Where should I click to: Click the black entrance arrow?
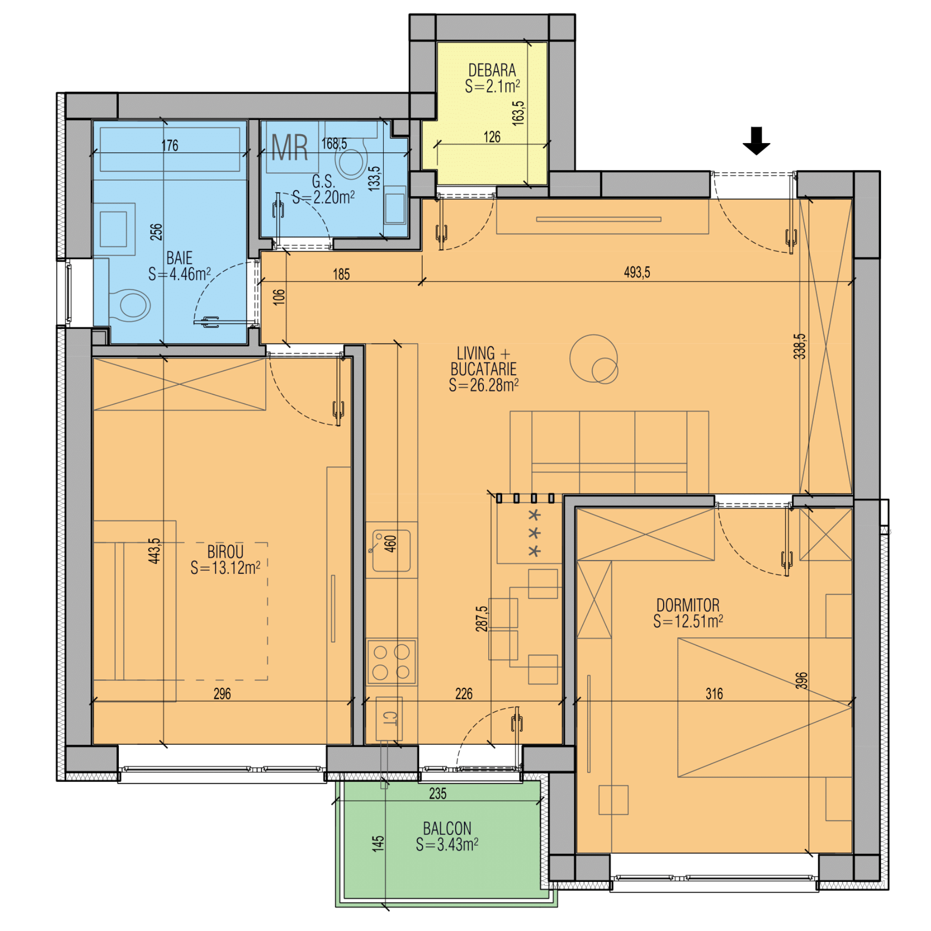[756, 141]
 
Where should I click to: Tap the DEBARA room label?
[492, 70]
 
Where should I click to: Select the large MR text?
[290, 147]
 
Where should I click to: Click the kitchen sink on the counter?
[391, 550]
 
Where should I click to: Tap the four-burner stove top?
[391, 662]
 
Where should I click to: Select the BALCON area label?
[447, 828]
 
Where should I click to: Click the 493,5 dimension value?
[637, 272]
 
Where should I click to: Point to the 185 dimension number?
[341, 274]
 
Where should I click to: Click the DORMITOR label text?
[688, 605]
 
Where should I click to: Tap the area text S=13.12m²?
[225, 568]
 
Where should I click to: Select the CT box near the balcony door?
[389, 718]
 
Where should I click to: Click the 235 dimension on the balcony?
[438, 793]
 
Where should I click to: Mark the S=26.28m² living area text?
[483, 385]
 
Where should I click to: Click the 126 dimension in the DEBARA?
[492, 137]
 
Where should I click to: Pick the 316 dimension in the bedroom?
[714, 693]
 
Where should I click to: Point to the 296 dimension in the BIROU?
[222, 693]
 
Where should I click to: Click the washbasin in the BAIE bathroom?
[114, 229]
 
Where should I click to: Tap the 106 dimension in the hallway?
[279, 297]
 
